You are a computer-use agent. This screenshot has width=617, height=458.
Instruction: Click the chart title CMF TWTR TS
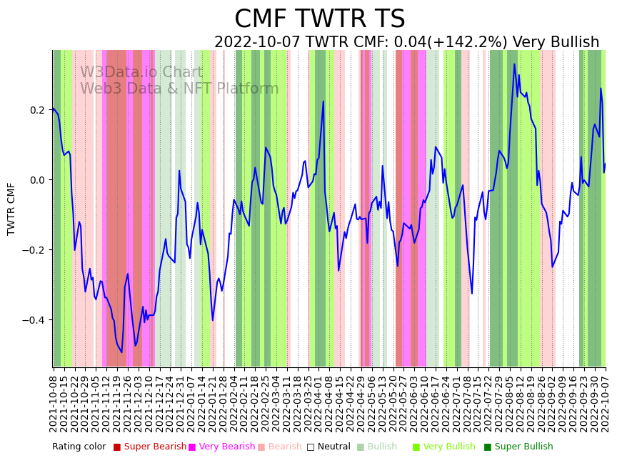point(319,19)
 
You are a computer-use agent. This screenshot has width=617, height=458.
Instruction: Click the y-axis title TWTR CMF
point(11,209)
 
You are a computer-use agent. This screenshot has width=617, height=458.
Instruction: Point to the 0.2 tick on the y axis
point(36,110)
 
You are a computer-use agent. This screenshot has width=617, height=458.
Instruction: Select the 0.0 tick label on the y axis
point(36,180)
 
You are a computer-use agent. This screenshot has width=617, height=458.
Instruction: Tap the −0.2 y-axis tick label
point(34,250)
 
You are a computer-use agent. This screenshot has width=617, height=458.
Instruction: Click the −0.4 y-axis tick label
point(34,320)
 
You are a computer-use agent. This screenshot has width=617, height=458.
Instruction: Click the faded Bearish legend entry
point(285,447)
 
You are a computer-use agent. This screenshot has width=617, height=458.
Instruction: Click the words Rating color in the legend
point(79,447)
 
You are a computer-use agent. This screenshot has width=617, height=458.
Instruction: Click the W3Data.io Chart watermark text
point(141,72)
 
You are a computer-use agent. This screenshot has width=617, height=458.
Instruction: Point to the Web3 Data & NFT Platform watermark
point(179,89)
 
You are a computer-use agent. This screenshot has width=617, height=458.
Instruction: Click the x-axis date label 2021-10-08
point(54,400)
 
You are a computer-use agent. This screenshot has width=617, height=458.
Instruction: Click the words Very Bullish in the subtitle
point(556,43)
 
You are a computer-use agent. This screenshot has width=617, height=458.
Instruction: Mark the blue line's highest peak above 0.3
point(514,64)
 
